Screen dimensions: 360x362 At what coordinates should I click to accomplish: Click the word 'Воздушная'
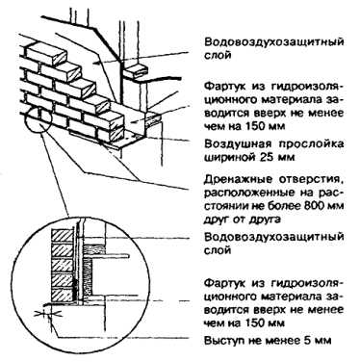pyautogui.click(x=233, y=144)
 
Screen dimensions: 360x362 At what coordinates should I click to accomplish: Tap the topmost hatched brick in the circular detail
pyautogui.click(x=63, y=236)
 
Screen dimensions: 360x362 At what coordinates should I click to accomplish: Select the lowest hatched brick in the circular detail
pyautogui.click(x=63, y=296)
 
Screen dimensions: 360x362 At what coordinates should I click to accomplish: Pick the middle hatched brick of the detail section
pyautogui.click(x=63, y=266)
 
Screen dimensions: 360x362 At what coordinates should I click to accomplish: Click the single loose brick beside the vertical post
pyautogui.click(x=136, y=70)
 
